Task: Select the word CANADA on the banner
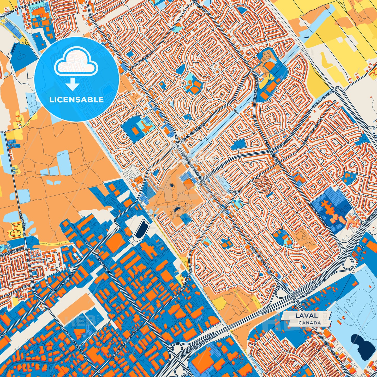click(310, 323)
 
